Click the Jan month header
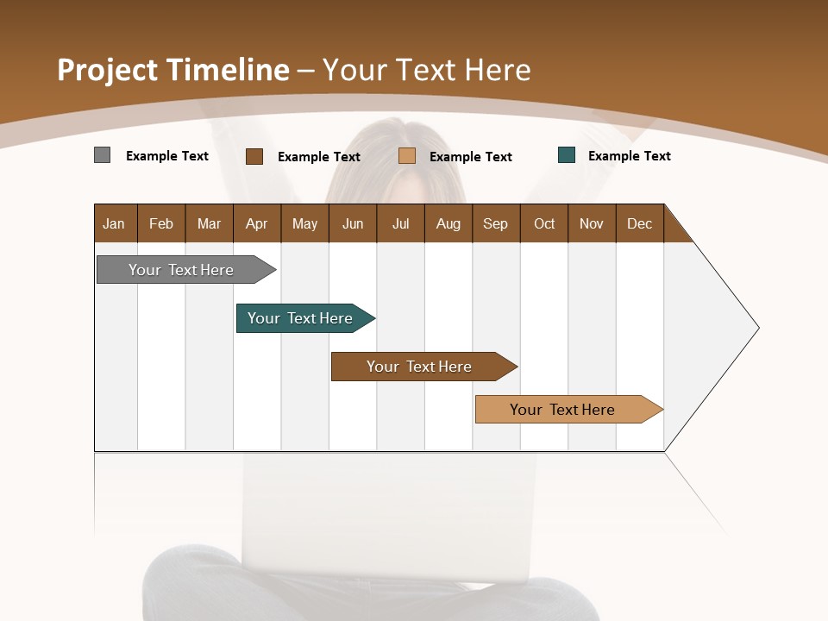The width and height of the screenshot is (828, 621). [115, 223]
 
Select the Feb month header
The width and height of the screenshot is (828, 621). [161, 223]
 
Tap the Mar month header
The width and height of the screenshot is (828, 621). [209, 223]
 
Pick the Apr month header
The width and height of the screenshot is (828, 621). [257, 223]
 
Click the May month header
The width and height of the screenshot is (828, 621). [304, 223]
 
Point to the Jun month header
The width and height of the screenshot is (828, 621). [353, 223]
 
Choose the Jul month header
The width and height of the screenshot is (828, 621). [400, 223]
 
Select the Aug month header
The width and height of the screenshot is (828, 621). [448, 223]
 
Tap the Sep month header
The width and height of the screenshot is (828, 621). [496, 223]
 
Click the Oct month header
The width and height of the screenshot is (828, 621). [544, 223]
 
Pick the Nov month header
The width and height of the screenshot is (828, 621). [592, 223]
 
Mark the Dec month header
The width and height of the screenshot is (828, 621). [640, 223]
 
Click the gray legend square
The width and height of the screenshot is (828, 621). [103, 155]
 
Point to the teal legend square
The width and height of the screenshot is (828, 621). [567, 155]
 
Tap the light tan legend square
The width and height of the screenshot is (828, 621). [407, 156]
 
